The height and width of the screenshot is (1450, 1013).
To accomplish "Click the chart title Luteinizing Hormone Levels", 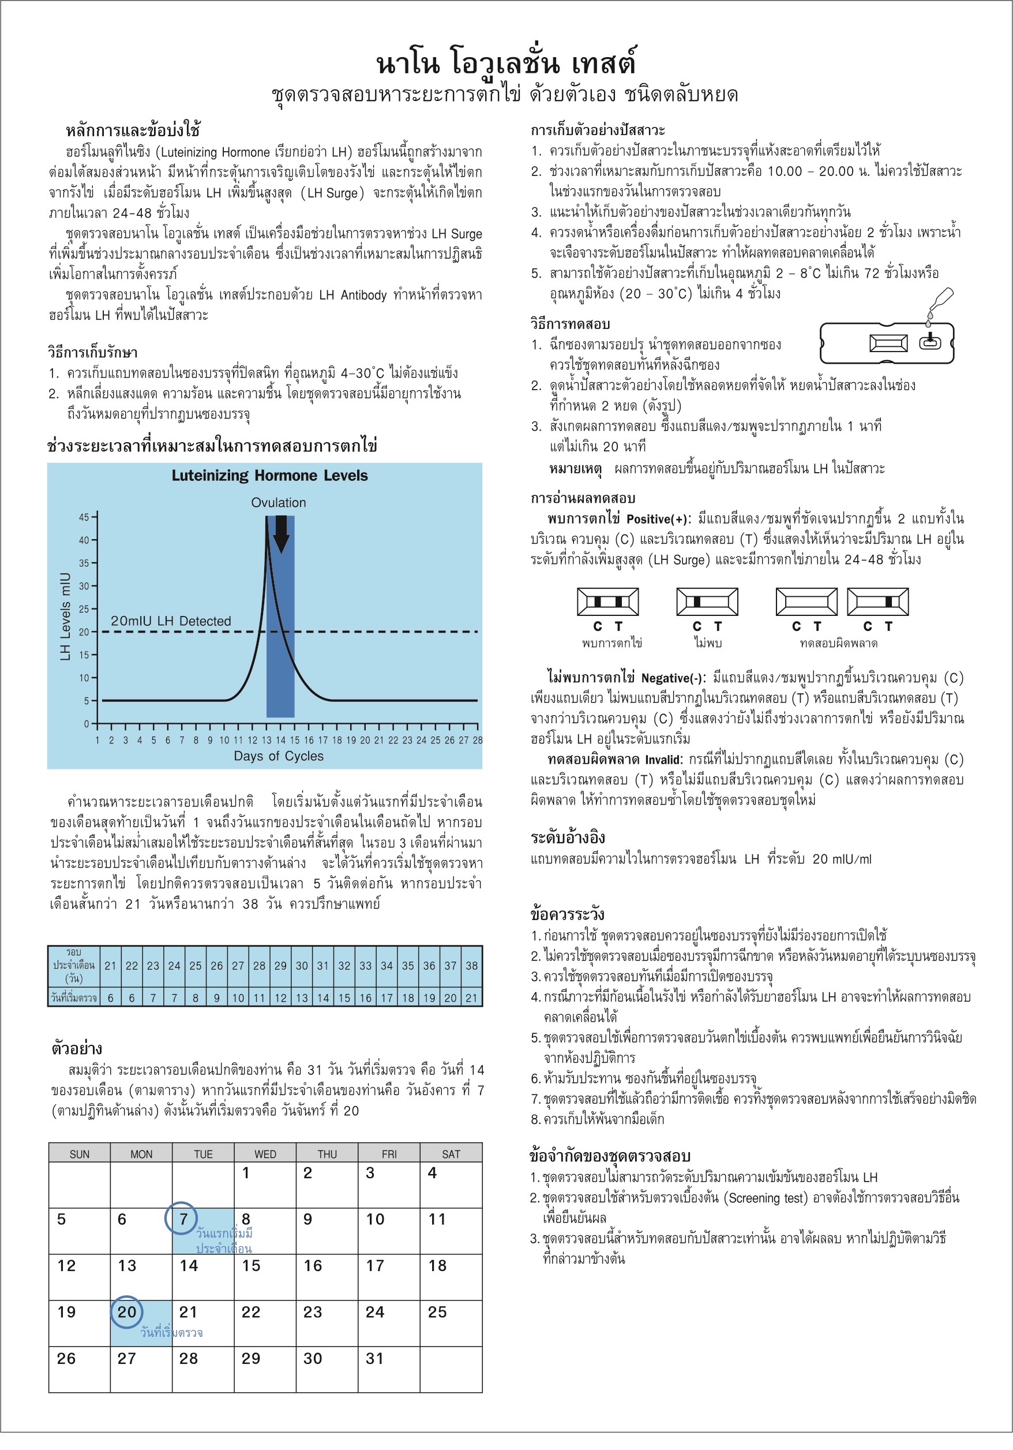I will (269, 476).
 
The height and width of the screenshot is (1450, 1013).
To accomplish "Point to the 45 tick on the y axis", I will (84, 517).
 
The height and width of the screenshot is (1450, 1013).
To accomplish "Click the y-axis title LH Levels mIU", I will (65, 616).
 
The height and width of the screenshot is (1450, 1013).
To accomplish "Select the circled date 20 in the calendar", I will (127, 1311).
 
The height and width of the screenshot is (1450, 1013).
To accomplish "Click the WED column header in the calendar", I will (265, 1154).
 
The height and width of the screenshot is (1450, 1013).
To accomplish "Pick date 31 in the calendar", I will (374, 1358).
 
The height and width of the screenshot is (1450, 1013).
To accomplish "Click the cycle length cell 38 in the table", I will (471, 966).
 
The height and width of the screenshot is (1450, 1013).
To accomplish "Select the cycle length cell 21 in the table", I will (110, 966).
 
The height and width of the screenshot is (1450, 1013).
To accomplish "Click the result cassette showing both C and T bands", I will (608, 601).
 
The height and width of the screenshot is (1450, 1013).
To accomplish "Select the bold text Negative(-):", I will (673, 678).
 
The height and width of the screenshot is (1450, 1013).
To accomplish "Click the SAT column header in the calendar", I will (451, 1154).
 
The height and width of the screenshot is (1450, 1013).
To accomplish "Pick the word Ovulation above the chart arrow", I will (278, 503).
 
